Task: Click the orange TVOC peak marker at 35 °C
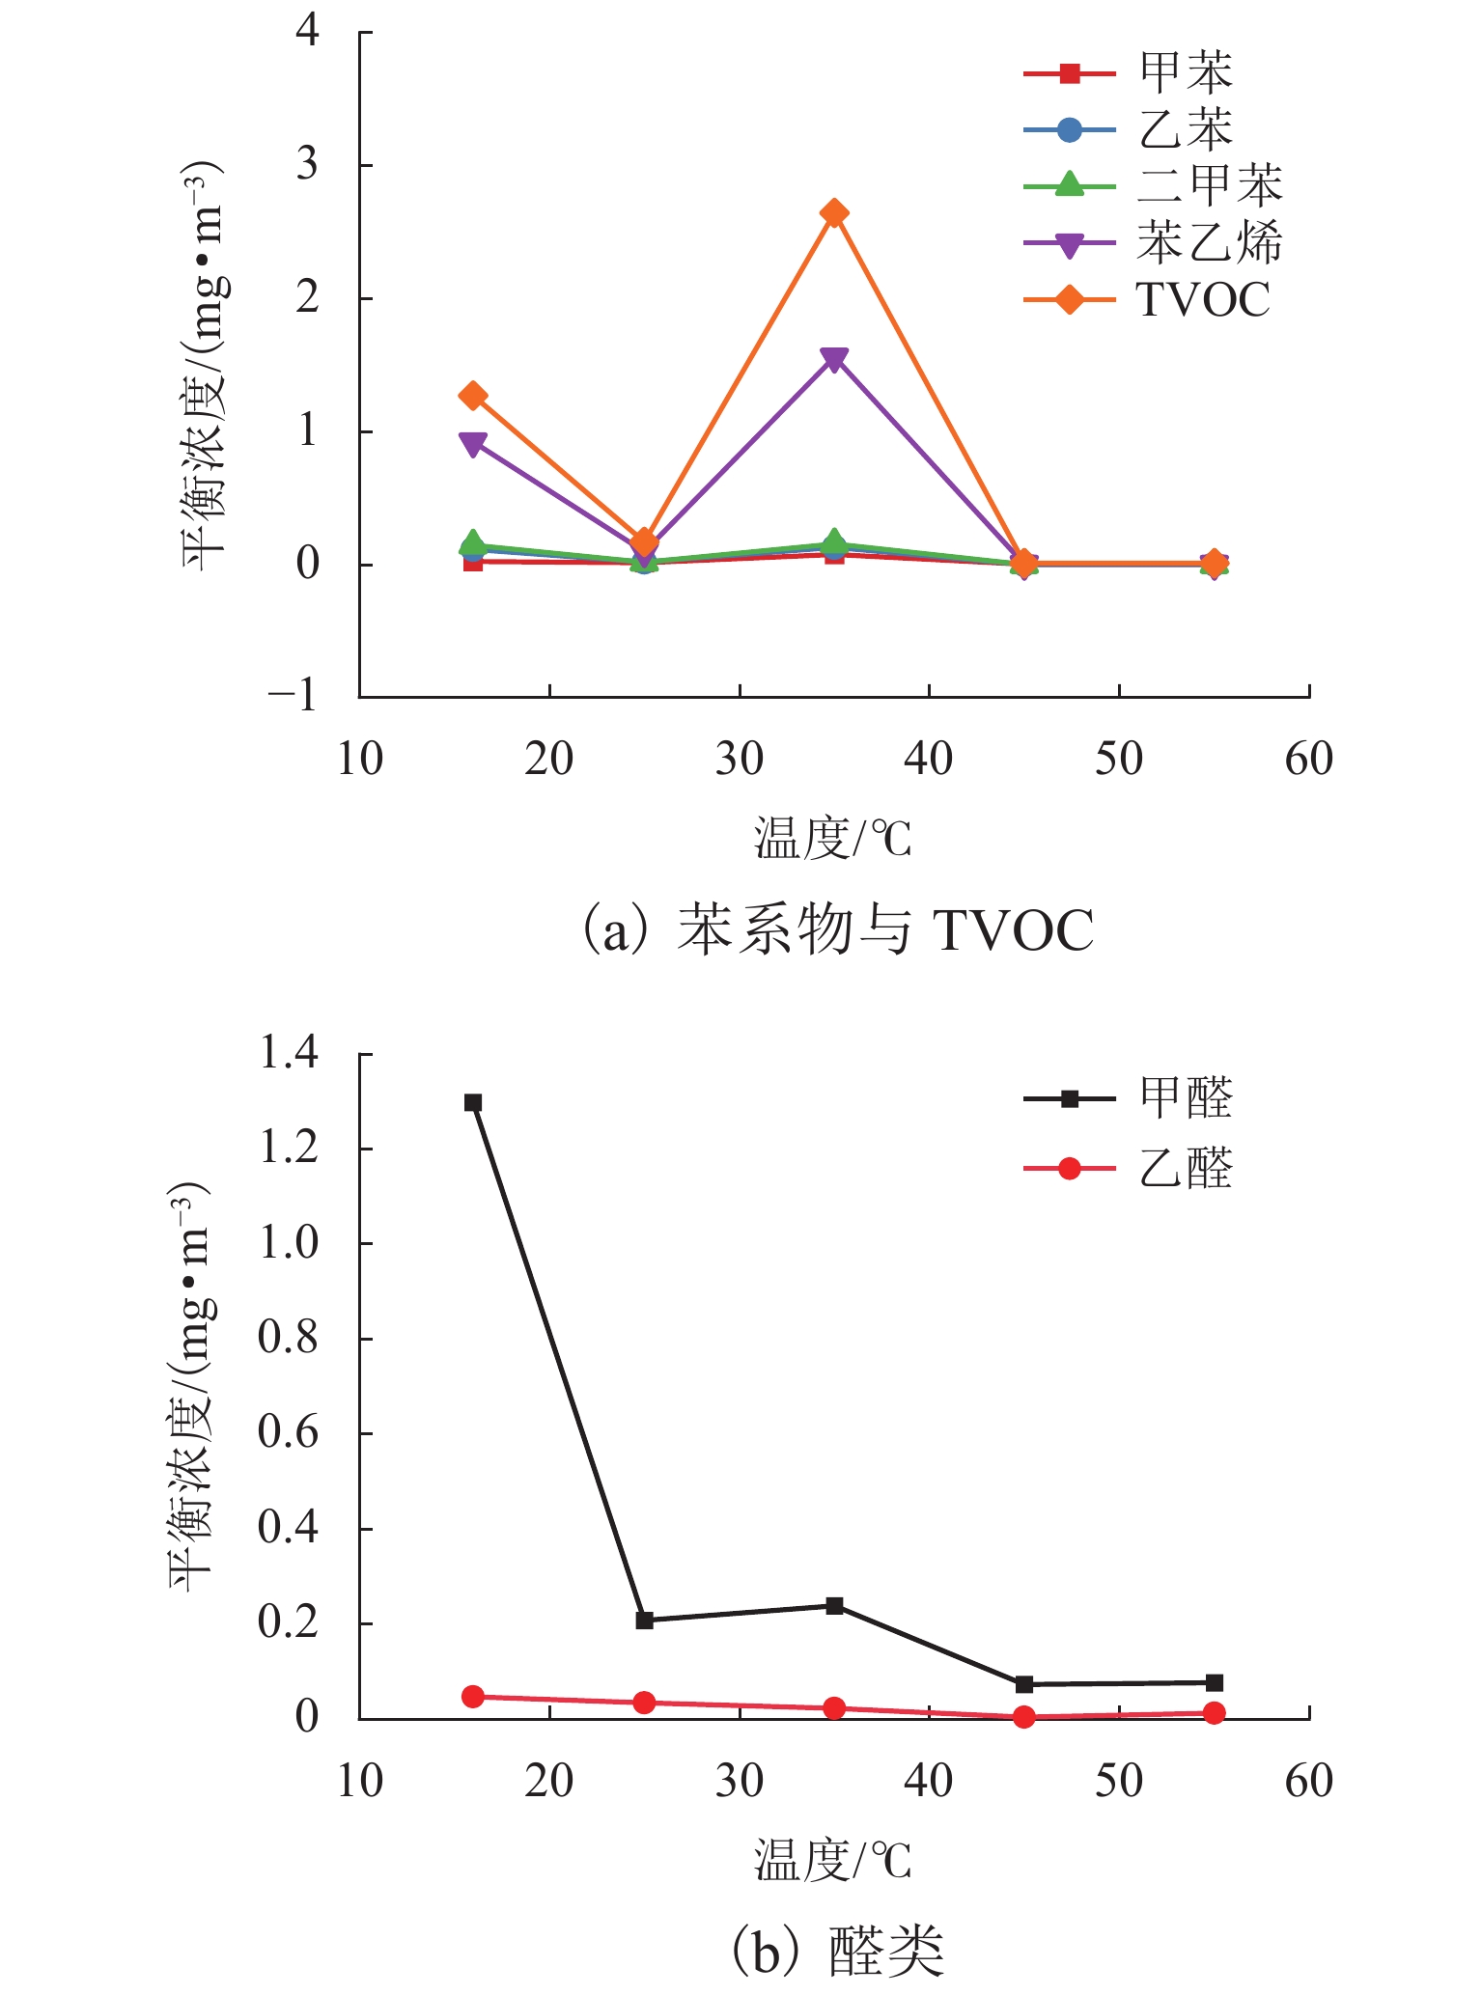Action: pos(835,213)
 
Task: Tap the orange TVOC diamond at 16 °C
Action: pos(473,396)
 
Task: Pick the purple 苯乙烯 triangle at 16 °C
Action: pos(473,445)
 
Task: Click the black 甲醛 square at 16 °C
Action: pos(473,1102)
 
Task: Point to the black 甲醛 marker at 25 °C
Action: pos(645,1621)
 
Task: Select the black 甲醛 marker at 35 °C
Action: pos(835,1606)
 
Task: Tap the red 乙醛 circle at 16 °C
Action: pos(473,1697)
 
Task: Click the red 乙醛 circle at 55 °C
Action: pos(1215,1713)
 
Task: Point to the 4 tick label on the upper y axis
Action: pos(308,31)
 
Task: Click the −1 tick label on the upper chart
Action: pos(294,695)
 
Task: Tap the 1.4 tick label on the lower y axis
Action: pos(290,1053)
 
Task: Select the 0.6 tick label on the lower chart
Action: pos(290,1433)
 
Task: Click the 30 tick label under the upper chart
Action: pos(740,759)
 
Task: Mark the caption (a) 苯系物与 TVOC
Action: pos(837,929)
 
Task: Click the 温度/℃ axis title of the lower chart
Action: pos(832,1860)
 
